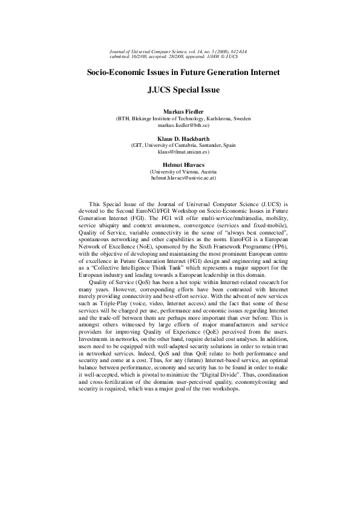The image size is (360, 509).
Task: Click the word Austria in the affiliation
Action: [x=207, y=171]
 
